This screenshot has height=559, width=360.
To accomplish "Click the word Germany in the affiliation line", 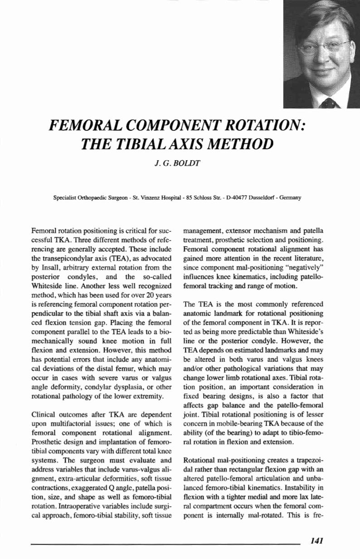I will click(287, 198).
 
